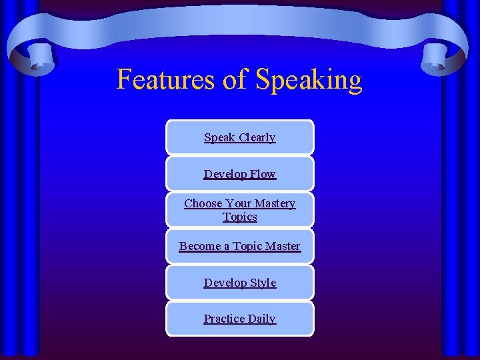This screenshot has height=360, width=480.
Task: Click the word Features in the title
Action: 166,79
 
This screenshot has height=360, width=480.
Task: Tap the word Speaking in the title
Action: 309,81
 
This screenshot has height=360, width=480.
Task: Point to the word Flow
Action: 263,174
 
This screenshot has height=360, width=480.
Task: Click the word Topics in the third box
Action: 240,217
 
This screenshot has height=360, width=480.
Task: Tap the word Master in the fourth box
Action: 283,246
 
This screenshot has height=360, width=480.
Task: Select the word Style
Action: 263,283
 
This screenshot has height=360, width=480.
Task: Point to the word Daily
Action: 262,319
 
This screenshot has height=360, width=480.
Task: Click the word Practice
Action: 224,319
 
